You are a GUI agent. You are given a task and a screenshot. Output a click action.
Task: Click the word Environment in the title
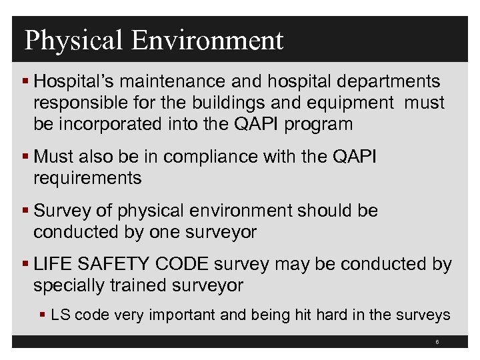click(207, 40)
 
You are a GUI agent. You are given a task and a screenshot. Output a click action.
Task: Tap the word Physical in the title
click(74, 40)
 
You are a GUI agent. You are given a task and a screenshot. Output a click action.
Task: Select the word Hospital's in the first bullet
click(70, 81)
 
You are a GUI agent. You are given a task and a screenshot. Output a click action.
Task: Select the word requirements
click(87, 178)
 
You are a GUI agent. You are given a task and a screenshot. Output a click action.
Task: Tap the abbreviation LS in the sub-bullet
click(61, 314)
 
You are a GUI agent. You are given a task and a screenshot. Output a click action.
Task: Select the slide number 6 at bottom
click(437, 342)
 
